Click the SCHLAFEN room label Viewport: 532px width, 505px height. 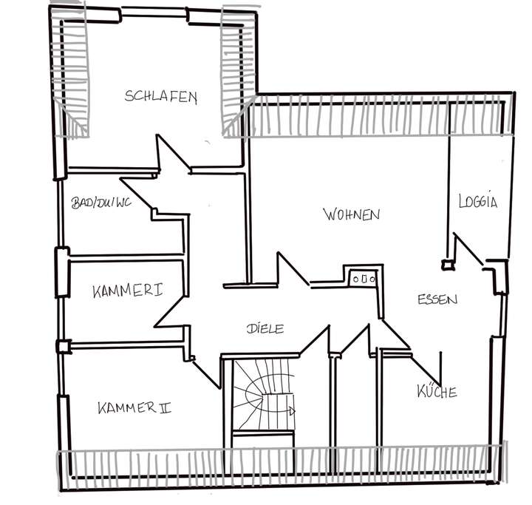[161, 97]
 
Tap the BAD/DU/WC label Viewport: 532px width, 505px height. [101, 203]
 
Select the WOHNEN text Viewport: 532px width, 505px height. [351, 214]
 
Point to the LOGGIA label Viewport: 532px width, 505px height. [478, 200]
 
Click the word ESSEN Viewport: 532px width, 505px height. [437, 299]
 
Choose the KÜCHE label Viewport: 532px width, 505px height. [436, 392]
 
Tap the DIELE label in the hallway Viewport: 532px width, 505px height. [265, 328]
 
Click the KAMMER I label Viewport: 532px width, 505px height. [128, 291]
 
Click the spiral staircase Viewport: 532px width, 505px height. [263, 396]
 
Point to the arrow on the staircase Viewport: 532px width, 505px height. [292, 411]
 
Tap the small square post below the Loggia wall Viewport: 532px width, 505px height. [446, 264]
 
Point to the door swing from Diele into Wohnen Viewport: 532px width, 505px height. [291, 270]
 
